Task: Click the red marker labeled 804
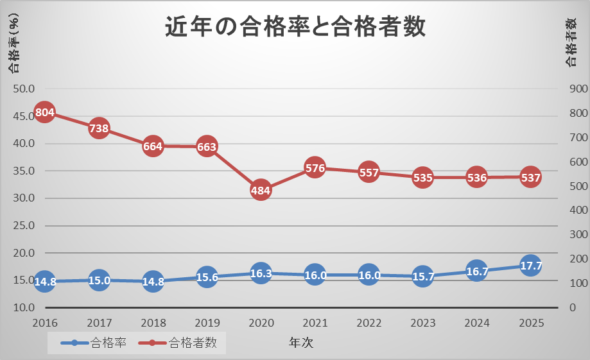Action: click(44, 113)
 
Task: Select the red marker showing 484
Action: click(261, 191)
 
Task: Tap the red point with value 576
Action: click(315, 168)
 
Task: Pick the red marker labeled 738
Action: click(98, 128)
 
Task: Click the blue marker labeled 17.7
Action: click(531, 266)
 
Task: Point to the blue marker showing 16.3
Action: click(261, 273)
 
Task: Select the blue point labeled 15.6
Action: click(207, 277)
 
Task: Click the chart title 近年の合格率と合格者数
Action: click(295, 28)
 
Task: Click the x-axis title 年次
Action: click(300, 343)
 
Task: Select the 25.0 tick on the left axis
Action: click(24, 226)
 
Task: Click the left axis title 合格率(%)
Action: click(13, 45)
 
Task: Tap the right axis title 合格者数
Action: click(571, 42)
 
